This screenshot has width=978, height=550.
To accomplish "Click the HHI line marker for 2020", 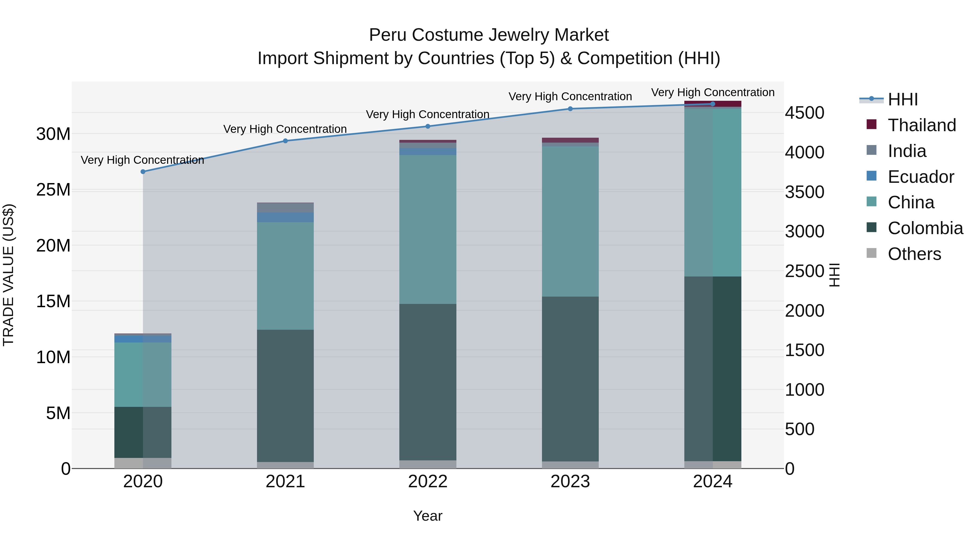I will click(x=143, y=172).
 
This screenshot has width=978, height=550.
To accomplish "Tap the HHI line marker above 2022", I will click(x=428, y=126).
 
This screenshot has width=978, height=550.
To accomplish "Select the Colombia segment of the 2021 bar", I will click(x=285, y=395).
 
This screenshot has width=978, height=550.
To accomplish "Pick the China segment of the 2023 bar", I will click(x=570, y=221).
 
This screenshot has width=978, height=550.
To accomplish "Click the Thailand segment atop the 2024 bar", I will click(x=713, y=104).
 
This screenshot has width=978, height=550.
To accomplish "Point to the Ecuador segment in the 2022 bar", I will click(x=428, y=152).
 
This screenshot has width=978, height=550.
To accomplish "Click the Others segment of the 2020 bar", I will click(x=143, y=463).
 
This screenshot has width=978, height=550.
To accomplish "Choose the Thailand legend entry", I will click(x=921, y=125).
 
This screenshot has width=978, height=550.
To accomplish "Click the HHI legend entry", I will click(x=902, y=99).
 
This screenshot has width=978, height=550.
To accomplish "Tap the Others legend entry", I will click(x=914, y=254).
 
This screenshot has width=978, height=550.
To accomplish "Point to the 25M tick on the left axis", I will click(x=54, y=189).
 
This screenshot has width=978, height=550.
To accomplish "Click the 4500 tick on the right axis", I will click(x=804, y=113).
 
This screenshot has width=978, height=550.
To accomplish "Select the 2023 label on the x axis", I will click(x=570, y=482).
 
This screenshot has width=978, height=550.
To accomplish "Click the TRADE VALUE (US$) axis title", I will click(x=8, y=275).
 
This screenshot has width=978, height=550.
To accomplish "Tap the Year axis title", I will click(x=428, y=516).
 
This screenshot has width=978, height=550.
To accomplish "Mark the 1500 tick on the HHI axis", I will click(x=804, y=350).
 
